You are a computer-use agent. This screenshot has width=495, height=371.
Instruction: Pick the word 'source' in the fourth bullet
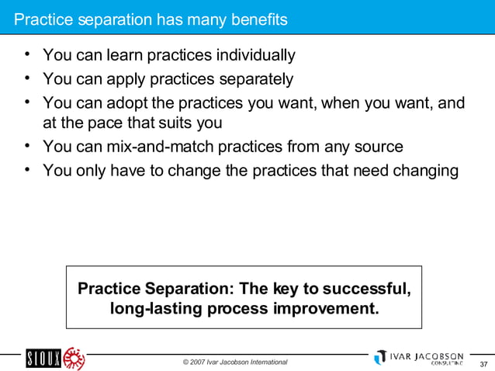378,146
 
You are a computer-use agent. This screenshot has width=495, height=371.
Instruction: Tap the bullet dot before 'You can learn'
27,56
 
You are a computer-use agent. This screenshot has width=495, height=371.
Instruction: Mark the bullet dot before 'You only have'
27,170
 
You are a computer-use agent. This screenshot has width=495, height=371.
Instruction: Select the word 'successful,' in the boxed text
365,290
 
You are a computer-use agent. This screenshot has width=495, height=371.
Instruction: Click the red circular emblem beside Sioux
74,359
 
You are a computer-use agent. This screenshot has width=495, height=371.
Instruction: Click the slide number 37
483,365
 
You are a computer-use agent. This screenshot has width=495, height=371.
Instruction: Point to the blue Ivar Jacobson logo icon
379,357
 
